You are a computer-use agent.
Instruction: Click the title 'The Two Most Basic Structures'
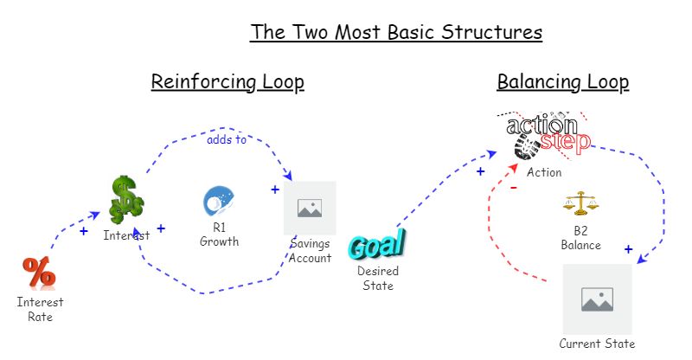pos(396,33)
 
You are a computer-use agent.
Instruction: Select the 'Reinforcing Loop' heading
pos(227,82)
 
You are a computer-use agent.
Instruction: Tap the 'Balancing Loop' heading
pos(562,82)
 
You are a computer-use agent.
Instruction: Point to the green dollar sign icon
pos(126,200)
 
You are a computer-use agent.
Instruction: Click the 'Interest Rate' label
pos(40,310)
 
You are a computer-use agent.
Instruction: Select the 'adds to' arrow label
pos(227,138)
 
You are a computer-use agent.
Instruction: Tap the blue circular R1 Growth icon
pos(217,201)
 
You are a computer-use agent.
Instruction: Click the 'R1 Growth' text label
pos(219,235)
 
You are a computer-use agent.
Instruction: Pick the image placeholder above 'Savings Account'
pos(310,208)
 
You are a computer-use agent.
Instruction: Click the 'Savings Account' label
pos(310,250)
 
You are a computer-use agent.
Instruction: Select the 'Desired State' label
pos(376,279)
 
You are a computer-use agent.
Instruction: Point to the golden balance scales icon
pos(580,204)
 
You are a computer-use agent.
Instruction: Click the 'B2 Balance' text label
pos(580,239)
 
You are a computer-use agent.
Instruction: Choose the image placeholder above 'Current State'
pos(597,299)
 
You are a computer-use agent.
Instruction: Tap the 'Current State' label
pos(597,344)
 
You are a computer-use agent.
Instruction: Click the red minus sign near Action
pos(514,187)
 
